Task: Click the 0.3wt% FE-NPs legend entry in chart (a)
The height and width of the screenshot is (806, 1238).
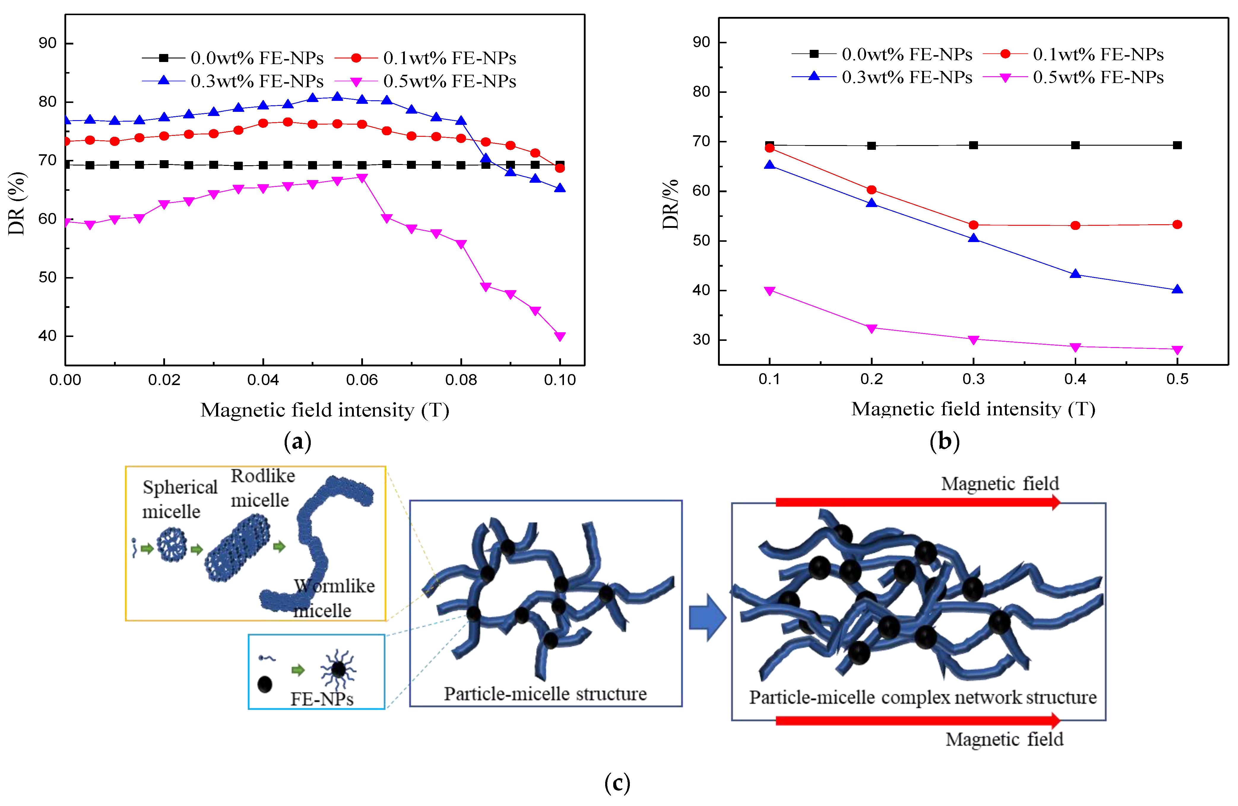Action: (x=234, y=81)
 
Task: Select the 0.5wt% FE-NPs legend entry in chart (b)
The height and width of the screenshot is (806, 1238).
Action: (x=1074, y=77)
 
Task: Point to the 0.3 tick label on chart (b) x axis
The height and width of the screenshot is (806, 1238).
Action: (x=973, y=379)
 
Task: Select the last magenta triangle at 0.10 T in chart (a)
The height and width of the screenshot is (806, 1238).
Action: (x=560, y=336)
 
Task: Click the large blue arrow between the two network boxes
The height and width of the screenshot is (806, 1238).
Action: (x=707, y=617)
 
